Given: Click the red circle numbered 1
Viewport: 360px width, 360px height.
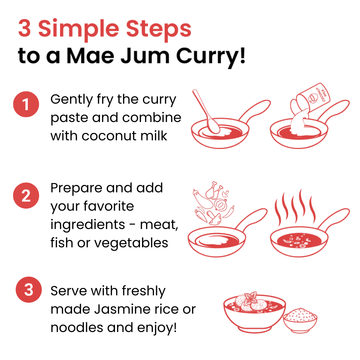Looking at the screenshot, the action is pos(26,105).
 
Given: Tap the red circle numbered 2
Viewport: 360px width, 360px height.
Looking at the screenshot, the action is pos(26,195).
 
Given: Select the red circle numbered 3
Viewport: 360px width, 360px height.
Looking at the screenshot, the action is pos(28,289).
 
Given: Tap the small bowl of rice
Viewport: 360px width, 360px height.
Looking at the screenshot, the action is pos(300,320).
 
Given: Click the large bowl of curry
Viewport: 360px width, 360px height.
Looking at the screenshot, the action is pos(254,312).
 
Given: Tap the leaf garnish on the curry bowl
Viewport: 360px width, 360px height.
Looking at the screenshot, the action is pos(250,296).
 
